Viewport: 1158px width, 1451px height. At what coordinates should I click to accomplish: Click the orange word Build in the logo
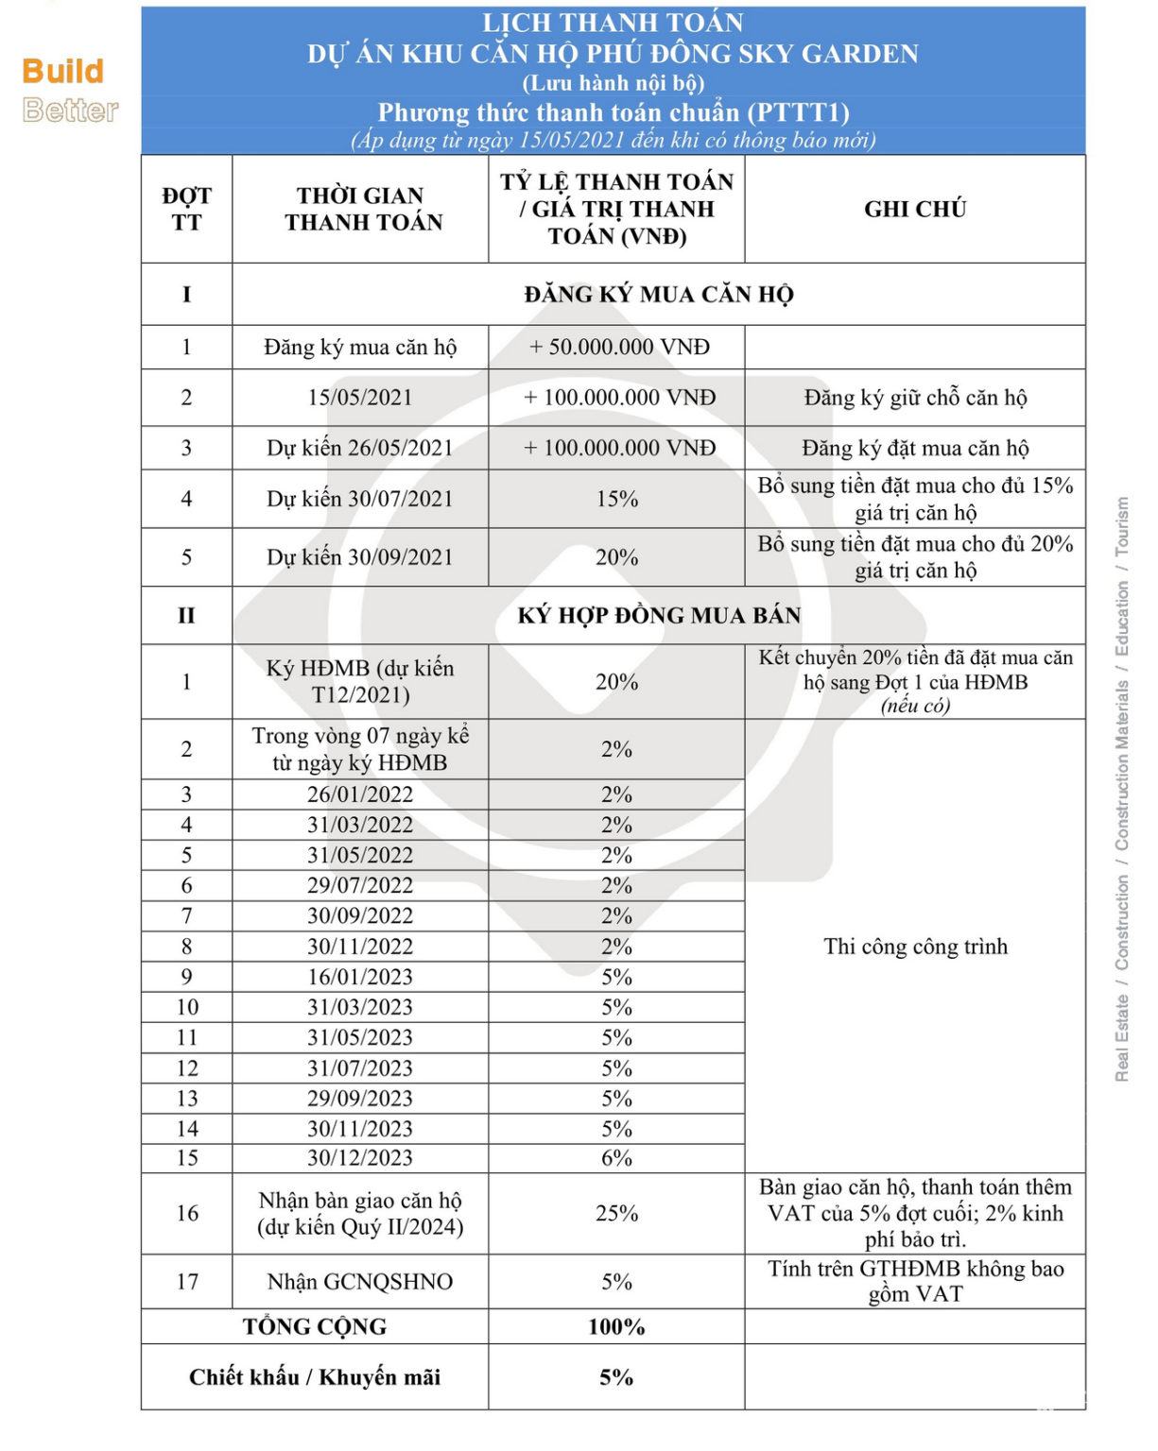[x=62, y=71]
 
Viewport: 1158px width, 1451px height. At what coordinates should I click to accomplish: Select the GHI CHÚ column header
[x=914, y=209]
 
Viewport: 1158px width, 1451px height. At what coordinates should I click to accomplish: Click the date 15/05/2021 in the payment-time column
[x=359, y=397]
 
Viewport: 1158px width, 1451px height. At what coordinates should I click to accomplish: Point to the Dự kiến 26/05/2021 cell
[x=359, y=448]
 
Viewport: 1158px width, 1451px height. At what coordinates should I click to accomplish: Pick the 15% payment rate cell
[x=616, y=499]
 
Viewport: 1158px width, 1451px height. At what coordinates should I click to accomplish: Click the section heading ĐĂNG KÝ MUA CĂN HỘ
[x=658, y=294]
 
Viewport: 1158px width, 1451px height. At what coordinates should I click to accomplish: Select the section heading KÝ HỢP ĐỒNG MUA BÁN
[x=658, y=615]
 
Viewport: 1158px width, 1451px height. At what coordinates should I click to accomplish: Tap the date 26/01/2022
[x=359, y=794]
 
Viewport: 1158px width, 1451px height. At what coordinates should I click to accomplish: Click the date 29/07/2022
[x=359, y=885]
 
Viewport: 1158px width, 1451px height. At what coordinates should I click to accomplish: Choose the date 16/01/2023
[x=359, y=977]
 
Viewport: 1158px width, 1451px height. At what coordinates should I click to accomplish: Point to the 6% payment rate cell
[x=616, y=1158]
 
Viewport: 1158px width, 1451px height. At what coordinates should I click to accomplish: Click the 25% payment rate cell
[x=616, y=1213]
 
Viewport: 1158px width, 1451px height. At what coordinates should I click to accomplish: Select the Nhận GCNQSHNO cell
[x=359, y=1281]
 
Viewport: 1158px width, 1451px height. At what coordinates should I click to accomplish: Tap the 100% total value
[x=616, y=1326]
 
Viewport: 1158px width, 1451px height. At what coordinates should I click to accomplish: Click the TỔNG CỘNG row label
[x=314, y=1326]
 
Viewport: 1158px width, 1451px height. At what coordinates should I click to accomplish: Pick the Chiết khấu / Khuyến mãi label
[x=314, y=1376]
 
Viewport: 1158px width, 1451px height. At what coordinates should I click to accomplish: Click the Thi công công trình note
[x=914, y=946]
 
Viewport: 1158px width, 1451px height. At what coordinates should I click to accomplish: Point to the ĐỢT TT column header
[x=186, y=209]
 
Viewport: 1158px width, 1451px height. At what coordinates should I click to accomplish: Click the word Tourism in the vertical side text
[x=1122, y=526]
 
